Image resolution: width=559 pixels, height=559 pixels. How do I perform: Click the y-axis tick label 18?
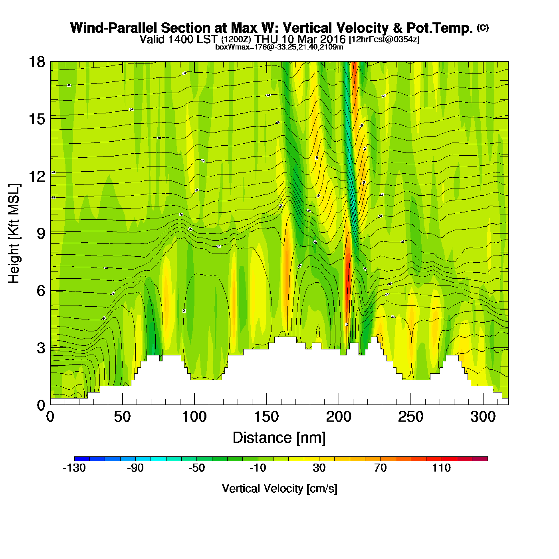click(x=36, y=62)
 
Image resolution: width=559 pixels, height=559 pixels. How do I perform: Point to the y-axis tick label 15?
click(x=36, y=119)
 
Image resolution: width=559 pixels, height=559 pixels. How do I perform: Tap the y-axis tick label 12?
click(x=36, y=176)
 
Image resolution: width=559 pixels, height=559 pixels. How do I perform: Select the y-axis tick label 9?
click(x=41, y=234)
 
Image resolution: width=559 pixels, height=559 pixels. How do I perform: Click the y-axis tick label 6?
click(x=41, y=291)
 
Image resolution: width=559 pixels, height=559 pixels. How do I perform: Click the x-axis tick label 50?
click(x=122, y=417)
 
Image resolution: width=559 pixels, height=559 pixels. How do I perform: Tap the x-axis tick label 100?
click(x=194, y=417)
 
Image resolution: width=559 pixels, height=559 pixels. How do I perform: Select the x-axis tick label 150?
click(x=266, y=417)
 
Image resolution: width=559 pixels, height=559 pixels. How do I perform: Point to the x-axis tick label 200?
click(x=339, y=417)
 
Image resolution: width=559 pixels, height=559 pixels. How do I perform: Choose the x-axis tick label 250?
click(x=410, y=417)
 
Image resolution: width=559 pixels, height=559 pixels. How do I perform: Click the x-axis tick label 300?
click(x=483, y=417)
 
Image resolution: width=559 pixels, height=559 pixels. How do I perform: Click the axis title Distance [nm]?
click(x=279, y=438)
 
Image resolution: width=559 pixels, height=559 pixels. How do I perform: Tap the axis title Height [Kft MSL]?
click(x=14, y=234)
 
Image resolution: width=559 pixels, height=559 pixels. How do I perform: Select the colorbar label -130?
click(x=74, y=468)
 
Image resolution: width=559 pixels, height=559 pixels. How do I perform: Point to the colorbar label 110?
click(x=441, y=468)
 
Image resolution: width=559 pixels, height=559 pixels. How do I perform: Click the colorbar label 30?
click(x=319, y=468)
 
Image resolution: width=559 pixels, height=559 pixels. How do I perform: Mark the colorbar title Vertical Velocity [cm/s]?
click(x=279, y=489)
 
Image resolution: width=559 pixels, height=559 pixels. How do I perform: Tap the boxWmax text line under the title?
click(x=279, y=47)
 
